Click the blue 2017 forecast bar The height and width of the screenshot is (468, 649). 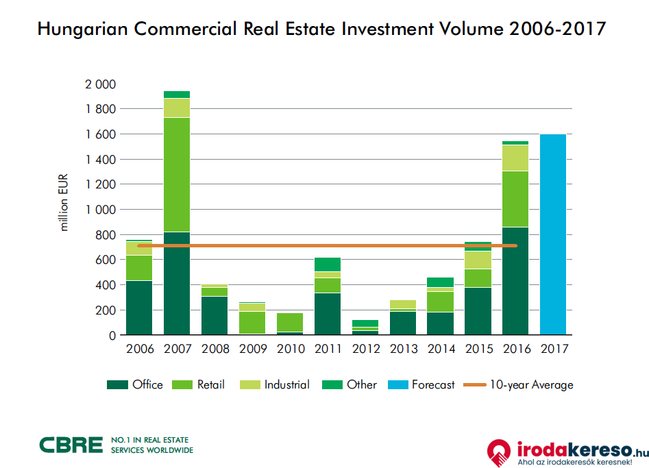[x=553, y=234]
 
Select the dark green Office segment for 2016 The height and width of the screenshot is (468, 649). [x=515, y=281]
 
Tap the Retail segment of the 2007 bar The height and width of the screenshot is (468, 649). [x=176, y=175]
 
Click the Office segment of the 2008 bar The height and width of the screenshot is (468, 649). [x=214, y=315]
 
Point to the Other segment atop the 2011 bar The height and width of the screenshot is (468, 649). [x=328, y=264]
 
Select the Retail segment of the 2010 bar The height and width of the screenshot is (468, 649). [x=290, y=322]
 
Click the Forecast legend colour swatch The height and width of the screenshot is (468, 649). [x=398, y=385]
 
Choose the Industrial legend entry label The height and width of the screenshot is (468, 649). [x=286, y=385]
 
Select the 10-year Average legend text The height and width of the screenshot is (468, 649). [x=531, y=385]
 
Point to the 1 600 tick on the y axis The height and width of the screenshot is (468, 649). [x=100, y=134]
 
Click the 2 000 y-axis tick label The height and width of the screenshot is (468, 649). [x=100, y=84]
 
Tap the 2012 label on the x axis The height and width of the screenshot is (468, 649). [x=365, y=349]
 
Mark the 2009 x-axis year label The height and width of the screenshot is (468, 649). [x=252, y=349]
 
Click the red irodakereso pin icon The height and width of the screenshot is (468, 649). [x=499, y=452]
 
